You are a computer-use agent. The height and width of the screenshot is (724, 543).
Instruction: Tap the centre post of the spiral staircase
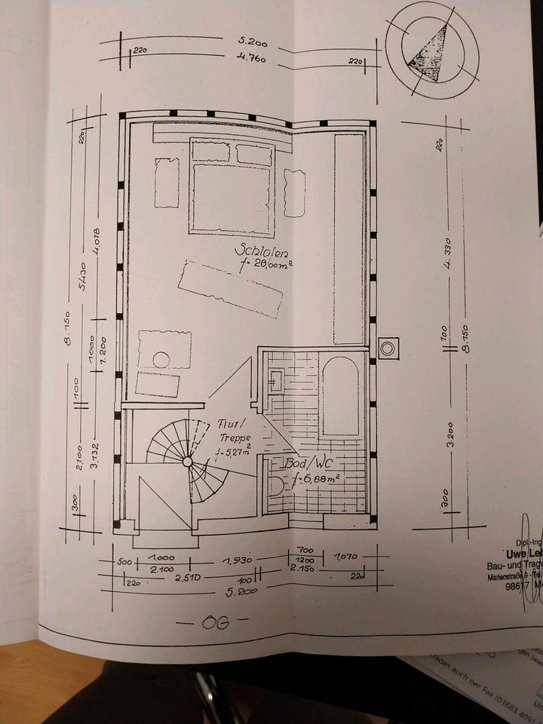point(186,462)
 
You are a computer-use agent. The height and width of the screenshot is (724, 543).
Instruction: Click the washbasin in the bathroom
point(276,380)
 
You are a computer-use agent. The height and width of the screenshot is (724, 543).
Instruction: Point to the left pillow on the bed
point(210,152)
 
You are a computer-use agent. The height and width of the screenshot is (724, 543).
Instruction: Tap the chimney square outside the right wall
point(388,348)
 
